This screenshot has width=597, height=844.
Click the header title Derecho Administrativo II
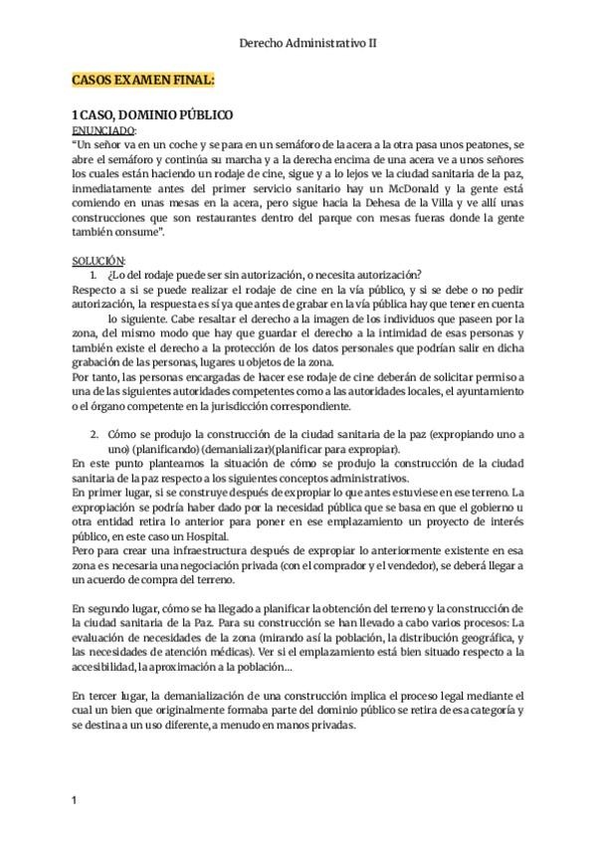point(307,44)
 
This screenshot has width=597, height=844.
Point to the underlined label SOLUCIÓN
point(98,260)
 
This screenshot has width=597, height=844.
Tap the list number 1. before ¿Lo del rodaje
point(95,275)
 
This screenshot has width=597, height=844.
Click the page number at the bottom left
point(76,799)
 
